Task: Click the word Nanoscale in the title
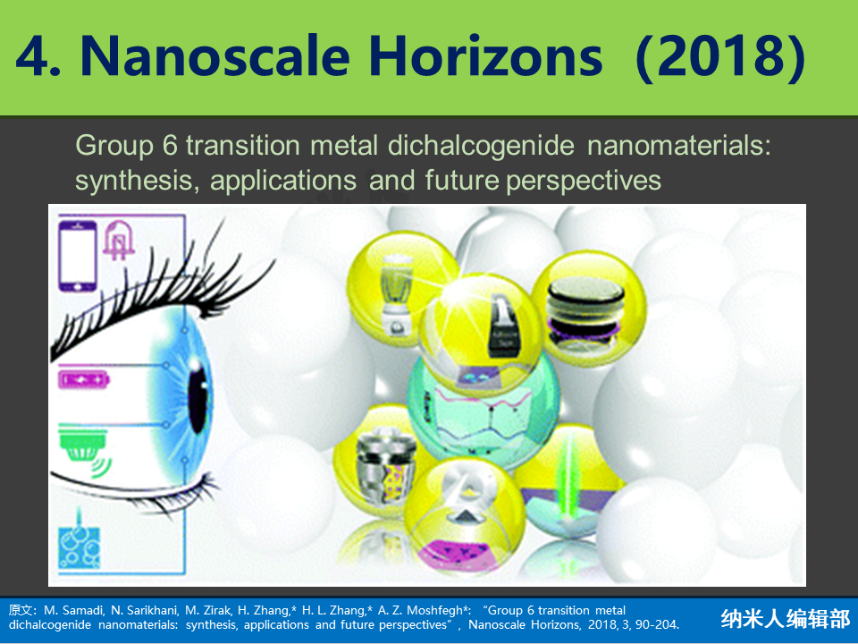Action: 215,56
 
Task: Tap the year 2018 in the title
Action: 722,56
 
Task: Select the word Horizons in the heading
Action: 486,55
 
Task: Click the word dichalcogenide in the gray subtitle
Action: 481,147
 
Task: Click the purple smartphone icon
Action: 78,255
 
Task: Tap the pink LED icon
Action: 119,240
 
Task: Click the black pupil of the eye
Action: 198,399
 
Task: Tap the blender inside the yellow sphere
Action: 397,294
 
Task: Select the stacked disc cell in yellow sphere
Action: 585,311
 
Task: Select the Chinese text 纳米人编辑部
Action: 786,618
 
